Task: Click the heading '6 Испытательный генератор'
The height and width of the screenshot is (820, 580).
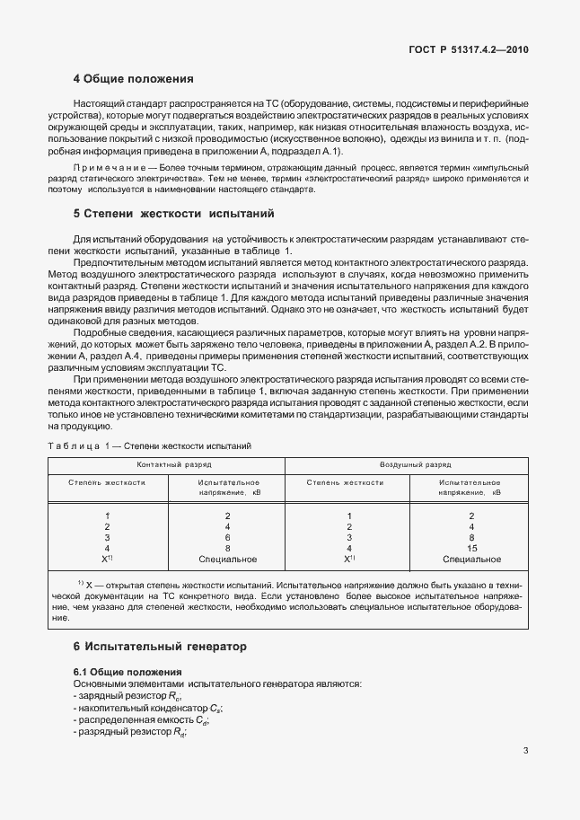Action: click(158, 646)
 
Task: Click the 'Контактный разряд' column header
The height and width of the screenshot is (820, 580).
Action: click(166, 465)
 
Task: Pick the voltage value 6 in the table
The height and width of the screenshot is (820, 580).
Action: click(227, 537)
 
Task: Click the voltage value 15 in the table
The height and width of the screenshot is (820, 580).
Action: click(470, 548)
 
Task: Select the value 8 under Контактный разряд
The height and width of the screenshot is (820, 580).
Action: click(227, 548)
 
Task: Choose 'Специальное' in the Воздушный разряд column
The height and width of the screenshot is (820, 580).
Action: click(470, 559)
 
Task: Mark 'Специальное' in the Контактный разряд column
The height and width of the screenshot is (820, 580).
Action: click(227, 559)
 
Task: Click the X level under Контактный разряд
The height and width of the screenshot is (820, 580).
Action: click(107, 559)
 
